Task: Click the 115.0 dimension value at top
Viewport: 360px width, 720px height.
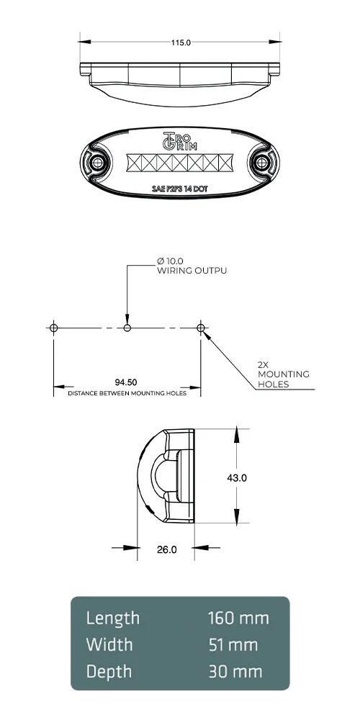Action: tap(180, 42)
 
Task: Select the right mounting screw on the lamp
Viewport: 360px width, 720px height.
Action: tap(264, 163)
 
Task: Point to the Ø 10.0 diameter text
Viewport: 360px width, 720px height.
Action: tap(171, 260)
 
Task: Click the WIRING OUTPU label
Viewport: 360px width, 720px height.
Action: tap(192, 271)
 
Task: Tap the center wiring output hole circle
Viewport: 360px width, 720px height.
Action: tap(127, 328)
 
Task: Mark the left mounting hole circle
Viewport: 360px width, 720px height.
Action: tap(53, 328)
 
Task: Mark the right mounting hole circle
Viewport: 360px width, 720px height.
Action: tap(201, 328)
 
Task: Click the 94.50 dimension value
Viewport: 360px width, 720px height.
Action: tap(127, 382)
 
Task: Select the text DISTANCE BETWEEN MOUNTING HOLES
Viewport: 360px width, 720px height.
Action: tap(127, 394)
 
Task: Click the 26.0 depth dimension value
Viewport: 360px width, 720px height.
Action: tap(167, 549)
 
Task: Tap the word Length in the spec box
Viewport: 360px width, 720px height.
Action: tap(113, 618)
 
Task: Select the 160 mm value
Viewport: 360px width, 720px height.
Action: tap(238, 618)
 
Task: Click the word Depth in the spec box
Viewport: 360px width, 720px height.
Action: tap(109, 672)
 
